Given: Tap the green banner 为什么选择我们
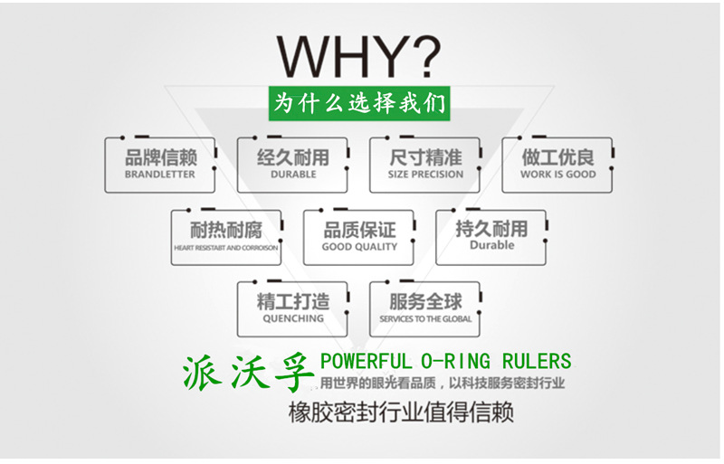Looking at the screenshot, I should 361,102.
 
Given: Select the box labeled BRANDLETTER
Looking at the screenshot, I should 160,165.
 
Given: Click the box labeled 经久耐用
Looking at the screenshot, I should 292,165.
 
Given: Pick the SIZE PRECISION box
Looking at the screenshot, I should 424,165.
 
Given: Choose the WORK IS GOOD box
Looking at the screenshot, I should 557,165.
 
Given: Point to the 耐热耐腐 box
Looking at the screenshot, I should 226,237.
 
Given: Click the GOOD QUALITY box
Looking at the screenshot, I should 358,237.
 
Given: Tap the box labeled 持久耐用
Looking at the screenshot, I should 491,237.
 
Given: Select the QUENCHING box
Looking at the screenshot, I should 292,309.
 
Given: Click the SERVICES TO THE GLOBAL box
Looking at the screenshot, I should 424,309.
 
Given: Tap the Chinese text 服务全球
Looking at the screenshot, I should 424,302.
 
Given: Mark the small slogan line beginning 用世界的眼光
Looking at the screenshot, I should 443,384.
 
